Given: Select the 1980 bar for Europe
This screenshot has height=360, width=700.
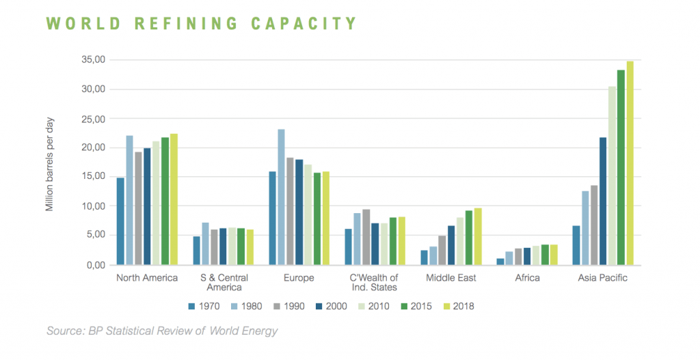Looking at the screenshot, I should tap(281, 197).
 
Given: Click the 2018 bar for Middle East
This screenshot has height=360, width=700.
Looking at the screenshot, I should tap(478, 236).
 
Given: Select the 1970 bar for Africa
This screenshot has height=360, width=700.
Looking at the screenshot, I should tap(500, 261).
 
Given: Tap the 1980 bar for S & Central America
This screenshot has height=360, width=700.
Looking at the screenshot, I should tap(205, 243).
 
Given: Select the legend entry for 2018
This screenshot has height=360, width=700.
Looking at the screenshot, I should tap(454, 306).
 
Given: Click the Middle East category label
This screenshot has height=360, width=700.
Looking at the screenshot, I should tap(450, 278).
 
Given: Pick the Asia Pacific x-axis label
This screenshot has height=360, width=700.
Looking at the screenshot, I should tap(602, 278).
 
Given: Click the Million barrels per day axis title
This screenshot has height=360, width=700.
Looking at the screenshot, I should tap(50, 164).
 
